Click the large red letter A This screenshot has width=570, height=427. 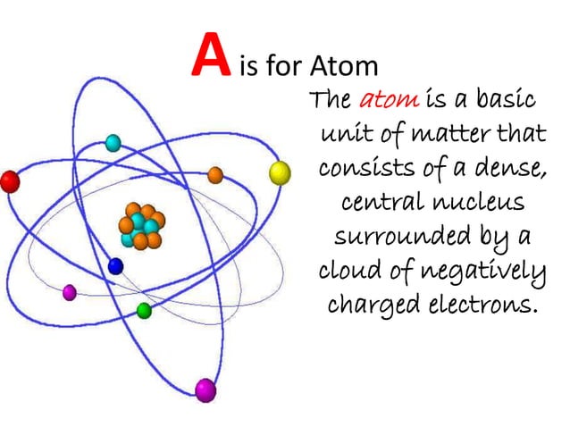point(208,57)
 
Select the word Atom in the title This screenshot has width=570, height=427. point(344,66)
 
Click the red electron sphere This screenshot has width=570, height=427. point(9,182)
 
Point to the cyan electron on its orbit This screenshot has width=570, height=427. point(113,142)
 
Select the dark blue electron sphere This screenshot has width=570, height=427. point(115,266)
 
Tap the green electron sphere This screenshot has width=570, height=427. point(144,310)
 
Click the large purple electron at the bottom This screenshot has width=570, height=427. point(206,389)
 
